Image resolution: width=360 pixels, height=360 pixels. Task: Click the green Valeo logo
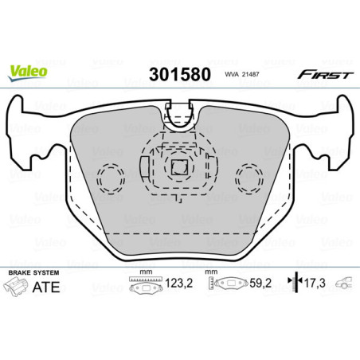coord(29,70)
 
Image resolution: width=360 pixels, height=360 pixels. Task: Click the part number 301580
coord(178,75)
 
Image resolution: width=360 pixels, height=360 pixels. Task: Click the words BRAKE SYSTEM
coord(30,272)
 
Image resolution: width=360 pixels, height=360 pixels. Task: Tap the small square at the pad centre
coord(178,168)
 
